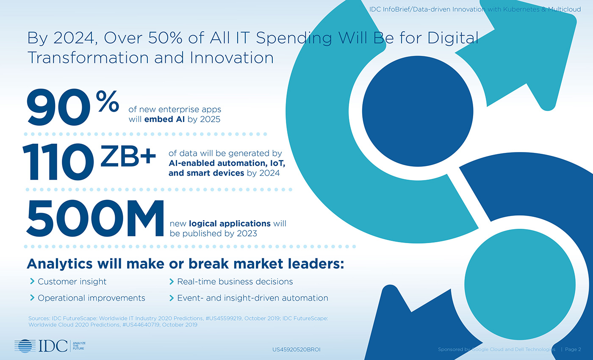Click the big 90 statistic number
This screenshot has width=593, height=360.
tap(58, 107)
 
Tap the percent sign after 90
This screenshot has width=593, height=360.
tap(108, 101)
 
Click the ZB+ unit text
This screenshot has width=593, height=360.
tap(128, 156)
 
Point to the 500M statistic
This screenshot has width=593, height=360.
tap(95, 219)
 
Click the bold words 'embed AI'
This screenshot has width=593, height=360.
tap(164, 119)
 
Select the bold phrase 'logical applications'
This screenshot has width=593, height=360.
tap(230, 224)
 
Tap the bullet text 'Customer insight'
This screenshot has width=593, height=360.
tap(72, 281)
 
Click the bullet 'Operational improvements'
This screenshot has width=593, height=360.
tap(91, 298)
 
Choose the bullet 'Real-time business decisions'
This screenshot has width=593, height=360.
tap(235, 281)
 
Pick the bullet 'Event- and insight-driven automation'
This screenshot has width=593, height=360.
tap(252, 298)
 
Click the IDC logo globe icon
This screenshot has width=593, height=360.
tap(25, 346)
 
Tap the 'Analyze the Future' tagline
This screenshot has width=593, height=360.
tap(79, 346)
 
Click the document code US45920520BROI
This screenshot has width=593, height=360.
tap(296, 350)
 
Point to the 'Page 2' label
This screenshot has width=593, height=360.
tap(573, 349)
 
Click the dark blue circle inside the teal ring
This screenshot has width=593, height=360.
tap(418, 111)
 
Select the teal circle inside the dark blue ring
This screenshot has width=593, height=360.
tap(520, 284)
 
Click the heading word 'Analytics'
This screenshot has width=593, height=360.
tap(60, 264)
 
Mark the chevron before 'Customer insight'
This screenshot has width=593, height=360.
tap(32, 281)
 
